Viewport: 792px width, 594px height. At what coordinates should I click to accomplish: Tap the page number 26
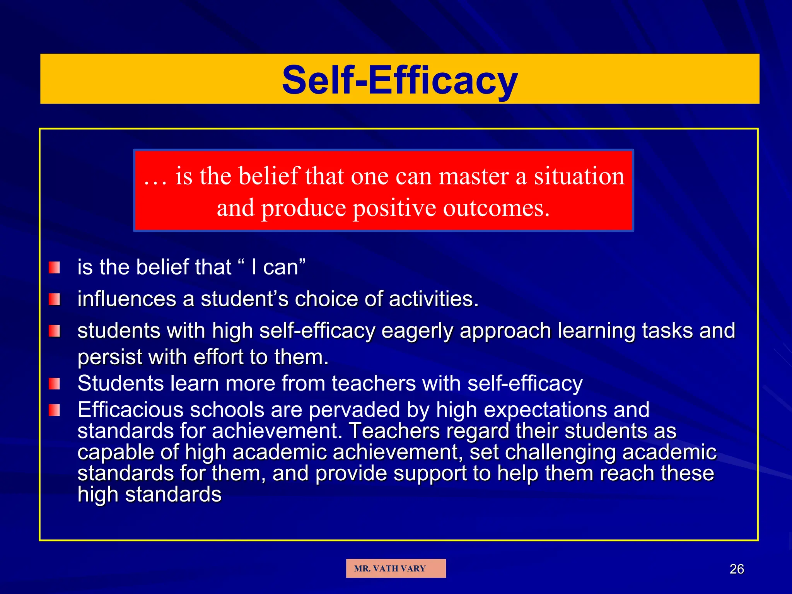[736, 569]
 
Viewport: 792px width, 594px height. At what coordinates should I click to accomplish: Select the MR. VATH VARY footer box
[396, 568]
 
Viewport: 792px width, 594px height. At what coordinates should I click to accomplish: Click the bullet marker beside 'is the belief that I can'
[55, 268]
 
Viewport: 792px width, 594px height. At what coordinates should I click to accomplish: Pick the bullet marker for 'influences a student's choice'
[55, 299]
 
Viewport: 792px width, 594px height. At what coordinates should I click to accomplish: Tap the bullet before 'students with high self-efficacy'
[55, 331]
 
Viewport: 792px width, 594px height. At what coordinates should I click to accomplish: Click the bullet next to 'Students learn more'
[55, 384]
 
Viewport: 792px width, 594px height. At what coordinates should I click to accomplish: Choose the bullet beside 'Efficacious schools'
[55, 410]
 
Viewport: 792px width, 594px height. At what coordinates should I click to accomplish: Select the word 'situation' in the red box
[579, 176]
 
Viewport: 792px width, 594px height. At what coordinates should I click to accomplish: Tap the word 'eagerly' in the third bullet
[417, 331]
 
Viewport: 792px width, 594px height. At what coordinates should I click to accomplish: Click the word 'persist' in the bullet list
[110, 357]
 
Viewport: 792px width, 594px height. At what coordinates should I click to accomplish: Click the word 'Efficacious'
[130, 410]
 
